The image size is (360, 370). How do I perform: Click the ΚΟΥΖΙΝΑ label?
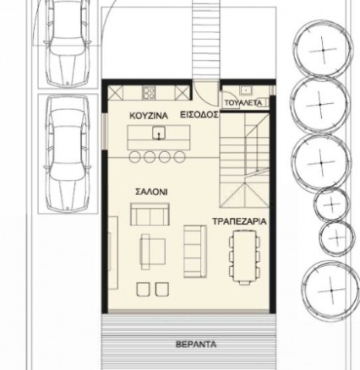(x=149, y=116)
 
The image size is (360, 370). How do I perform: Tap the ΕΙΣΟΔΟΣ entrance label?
(x=199, y=115)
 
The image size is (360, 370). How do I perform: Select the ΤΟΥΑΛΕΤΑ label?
(x=243, y=103)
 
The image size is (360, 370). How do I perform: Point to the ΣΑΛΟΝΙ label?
(x=151, y=192)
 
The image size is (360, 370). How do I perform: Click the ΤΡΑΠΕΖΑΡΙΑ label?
(x=239, y=221)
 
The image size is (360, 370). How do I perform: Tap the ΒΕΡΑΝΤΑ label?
(x=196, y=345)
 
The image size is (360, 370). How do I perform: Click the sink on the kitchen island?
(x=159, y=133)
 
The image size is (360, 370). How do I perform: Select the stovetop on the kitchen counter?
(x=149, y=92)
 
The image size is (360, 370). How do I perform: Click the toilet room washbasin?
(x=246, y=90)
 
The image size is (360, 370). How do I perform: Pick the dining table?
(x=244, y=256)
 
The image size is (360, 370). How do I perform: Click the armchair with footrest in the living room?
(x=153, y=252)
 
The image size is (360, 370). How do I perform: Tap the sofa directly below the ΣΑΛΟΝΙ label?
(x=150, y=214)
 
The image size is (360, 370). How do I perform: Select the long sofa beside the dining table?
(x=195, y=251)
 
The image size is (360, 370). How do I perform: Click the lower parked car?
(x=68, y=154)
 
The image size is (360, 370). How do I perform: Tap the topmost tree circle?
(x=323, y=50)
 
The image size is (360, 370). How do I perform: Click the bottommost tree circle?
(x=331, y=290)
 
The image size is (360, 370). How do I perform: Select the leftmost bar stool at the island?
(x=134, y=157)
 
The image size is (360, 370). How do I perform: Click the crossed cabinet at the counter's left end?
(x=116, y=93)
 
